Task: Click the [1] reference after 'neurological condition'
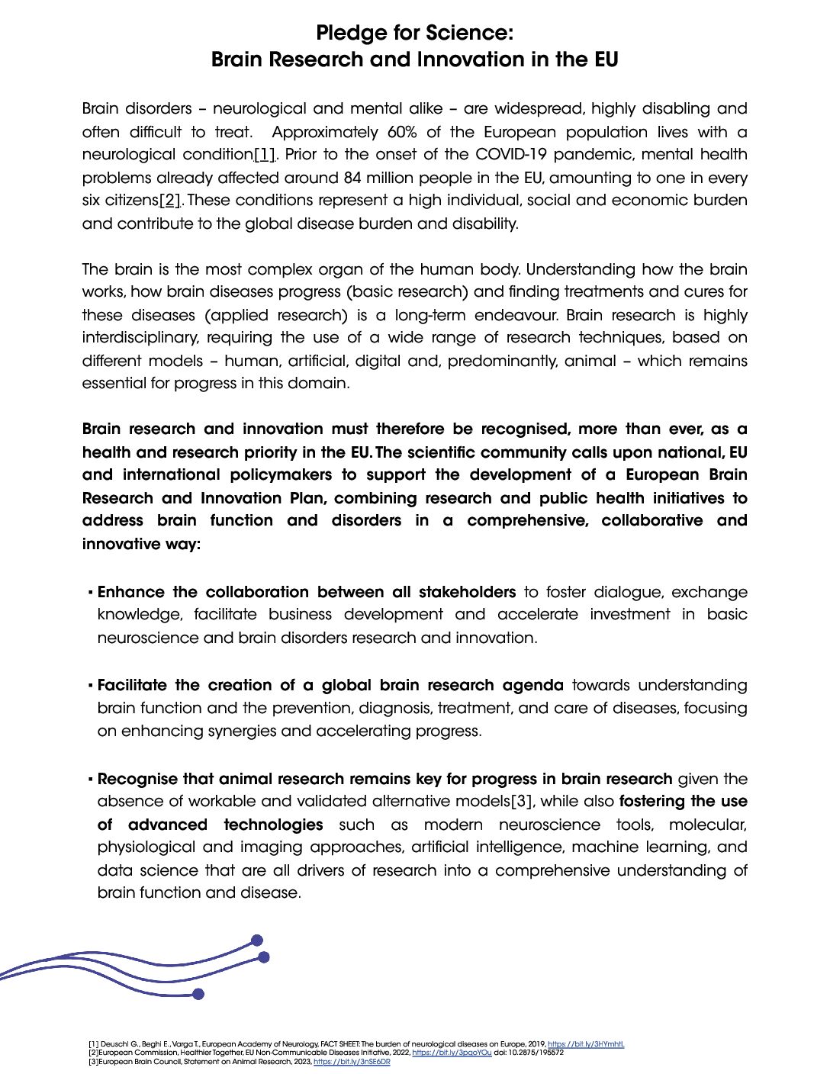tap(265, 155)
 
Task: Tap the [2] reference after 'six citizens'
tap(170, 201)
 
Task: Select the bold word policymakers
tap(281, 475)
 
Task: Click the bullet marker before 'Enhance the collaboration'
tap(90, 593)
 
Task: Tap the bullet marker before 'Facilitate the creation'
tap(90, 686)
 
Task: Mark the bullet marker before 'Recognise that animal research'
tap(90, 780)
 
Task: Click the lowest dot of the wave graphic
tap(198, 994)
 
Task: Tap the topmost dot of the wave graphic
tap(257, 941)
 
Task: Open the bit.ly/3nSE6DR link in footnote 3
tap(352, 1062)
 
